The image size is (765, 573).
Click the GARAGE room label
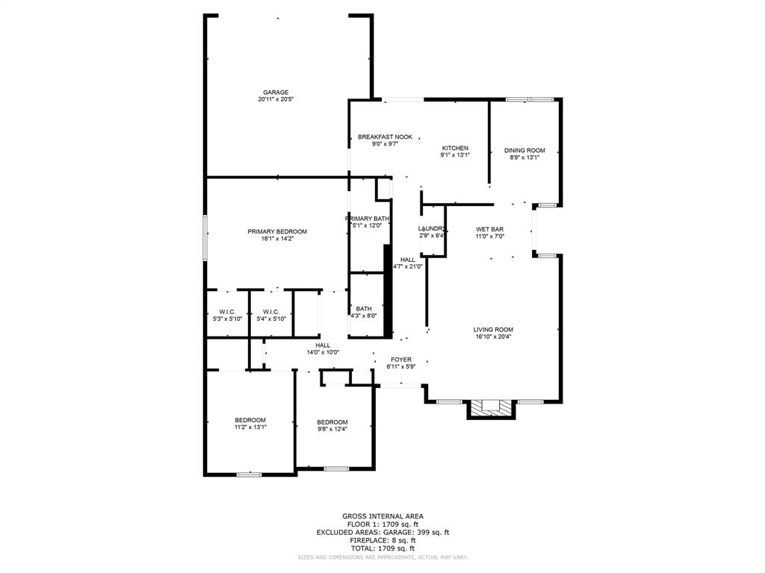(x=275, y=93)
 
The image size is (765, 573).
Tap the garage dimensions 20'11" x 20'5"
(x=275, y=99)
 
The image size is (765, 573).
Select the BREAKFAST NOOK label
(x=385, y=137)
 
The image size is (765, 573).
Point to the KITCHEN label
(x=454, y=148)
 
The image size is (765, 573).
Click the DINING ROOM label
(x=524, y=150)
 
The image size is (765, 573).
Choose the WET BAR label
(x=490, y=229)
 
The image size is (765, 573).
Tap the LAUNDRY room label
(x=432, y=229)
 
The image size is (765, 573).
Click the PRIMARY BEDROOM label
(x=277, y=232)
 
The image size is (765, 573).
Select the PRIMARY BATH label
(x=367, y=219)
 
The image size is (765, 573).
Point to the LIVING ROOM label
(x=493, y=329)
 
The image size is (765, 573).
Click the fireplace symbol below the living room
(x=491, y=407)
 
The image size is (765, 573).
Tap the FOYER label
(x=401, y=360)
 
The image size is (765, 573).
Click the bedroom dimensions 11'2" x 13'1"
(x=250, y=428)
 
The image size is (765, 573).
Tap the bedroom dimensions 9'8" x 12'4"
(x=332, y=429)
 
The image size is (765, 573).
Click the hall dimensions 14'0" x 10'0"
(x=323, y=352)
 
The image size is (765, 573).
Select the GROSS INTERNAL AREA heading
(x=382, y=516)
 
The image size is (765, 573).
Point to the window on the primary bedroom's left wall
(x=205, y=237)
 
